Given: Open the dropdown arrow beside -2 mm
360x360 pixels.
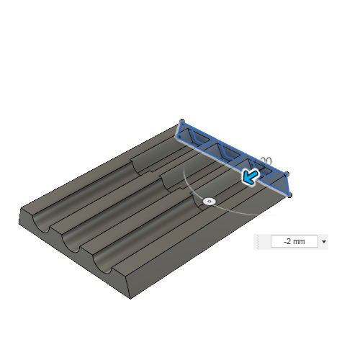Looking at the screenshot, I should point(324,242).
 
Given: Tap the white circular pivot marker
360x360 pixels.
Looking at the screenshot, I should point(209,202).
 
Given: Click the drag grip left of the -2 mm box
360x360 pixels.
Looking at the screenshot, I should point(259,242).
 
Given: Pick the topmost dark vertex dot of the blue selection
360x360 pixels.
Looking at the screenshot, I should point(181,121).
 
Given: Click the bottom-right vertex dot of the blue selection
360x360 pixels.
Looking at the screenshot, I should point(290,194).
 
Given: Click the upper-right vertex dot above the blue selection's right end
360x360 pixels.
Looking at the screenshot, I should point(287,174).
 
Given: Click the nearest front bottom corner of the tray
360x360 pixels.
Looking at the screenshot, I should point(129,296).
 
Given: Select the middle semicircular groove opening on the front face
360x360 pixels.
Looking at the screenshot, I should point(73,243).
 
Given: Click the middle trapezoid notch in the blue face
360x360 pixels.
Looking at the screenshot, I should point(230,152).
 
